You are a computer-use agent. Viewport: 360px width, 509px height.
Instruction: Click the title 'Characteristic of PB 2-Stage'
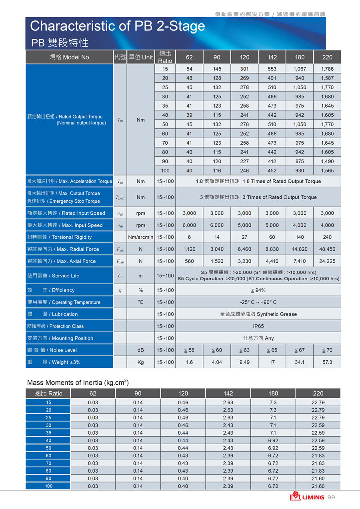(117, 26)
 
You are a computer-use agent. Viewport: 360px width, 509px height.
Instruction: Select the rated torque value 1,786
(327, 69)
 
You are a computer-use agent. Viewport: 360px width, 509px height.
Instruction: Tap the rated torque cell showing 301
(244, 69)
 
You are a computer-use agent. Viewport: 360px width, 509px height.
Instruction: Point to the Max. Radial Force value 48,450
(327, 249)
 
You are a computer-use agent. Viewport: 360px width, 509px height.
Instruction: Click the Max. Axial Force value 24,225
(327, 261)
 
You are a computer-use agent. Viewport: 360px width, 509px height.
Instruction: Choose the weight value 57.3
(327, 362)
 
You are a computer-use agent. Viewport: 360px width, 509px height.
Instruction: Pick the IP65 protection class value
(258, 326)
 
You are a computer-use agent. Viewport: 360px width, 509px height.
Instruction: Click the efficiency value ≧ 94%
(258, 290)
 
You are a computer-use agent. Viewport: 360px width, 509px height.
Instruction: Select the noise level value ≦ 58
(189, 350)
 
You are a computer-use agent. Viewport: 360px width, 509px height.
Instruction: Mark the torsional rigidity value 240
(327, 237)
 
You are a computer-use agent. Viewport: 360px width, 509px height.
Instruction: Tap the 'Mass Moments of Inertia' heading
(78, 383)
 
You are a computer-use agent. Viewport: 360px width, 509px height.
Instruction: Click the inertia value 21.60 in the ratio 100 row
(318, 486)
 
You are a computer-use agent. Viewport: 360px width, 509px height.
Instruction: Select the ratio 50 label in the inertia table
(48, 448)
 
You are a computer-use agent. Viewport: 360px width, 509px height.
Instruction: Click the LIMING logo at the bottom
(307, 497)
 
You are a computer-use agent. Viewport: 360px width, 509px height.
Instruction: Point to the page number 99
(331, 497)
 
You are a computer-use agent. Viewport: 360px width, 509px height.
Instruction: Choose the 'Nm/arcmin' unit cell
(141, 237)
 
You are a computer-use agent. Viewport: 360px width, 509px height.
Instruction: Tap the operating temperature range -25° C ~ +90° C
(258, 302)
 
